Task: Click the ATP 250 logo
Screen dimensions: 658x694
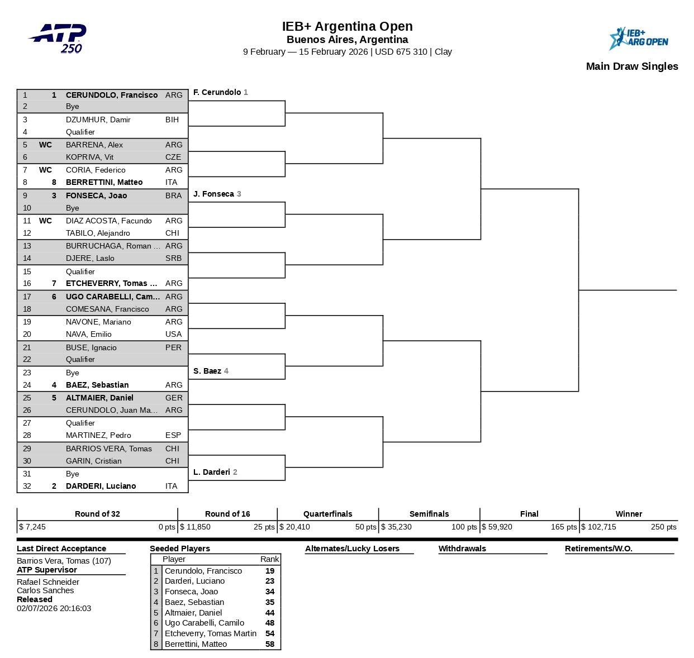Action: (x=58, y=38)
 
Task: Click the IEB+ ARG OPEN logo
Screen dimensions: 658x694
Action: (x=638, y=39)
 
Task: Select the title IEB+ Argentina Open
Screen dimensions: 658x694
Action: (x=347, y=26)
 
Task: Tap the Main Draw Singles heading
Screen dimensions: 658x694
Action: (x=631, y=66)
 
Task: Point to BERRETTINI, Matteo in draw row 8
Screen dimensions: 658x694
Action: (x=104, y=182)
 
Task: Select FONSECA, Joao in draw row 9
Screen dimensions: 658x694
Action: (x=96, y=196)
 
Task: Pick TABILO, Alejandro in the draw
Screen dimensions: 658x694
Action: (x=98, y=233)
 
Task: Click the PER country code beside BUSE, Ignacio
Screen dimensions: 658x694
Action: (x=173, y=347)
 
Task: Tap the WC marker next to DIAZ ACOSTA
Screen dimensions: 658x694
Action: (x=45, y=221)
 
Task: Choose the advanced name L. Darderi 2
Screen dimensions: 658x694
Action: (x=215, y=472)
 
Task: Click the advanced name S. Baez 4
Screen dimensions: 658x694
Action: (x=211, y=371)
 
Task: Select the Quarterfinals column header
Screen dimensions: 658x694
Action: (x=327, y=514)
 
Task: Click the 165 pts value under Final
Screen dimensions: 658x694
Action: (x=563, y=527)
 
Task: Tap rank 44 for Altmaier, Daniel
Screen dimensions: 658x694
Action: (x=270, y=613)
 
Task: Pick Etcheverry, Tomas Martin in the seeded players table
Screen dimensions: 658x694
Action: (x=211, y=633)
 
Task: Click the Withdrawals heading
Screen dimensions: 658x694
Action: (x=462, y=549)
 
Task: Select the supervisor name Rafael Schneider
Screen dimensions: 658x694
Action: (x=48, y=581)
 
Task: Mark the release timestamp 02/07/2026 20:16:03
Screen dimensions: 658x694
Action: (x=54, y=608)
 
